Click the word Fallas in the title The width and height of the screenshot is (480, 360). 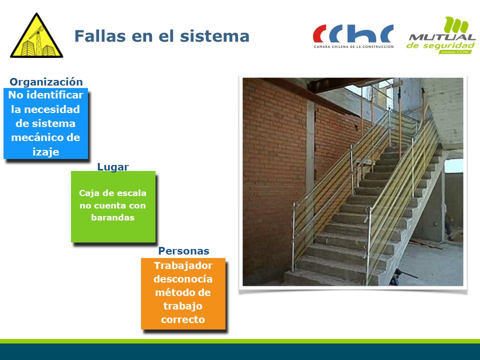point(100,36)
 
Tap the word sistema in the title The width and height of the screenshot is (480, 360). point(214,36)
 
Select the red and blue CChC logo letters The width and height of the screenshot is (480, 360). point(353,33)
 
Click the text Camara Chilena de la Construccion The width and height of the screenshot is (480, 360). point(353,46)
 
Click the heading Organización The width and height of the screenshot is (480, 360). point(46,82)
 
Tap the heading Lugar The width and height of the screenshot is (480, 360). point(113,167)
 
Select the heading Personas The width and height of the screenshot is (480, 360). point(183,251)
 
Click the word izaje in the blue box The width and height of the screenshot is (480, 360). point(45,152)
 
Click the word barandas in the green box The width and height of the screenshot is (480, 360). point(112,217)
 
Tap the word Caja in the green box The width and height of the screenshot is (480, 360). point(87,193)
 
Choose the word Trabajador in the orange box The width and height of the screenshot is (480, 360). point(183,265)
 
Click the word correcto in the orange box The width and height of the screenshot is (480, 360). point(183,319)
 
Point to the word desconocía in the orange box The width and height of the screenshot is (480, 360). point(183,279)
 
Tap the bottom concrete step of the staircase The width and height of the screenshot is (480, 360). point(324,278)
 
